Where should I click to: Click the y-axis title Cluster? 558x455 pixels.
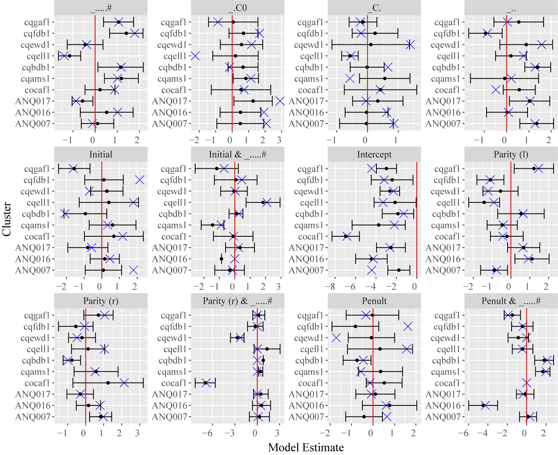point(6,219)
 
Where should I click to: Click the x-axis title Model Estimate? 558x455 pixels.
point(306,447)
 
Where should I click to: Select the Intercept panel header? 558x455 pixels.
point(374,154)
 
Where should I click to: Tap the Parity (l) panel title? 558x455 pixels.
point(511,154)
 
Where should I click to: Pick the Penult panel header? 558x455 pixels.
point(374,301)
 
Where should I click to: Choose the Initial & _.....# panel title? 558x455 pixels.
point(237,154)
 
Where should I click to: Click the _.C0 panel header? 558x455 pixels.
point(237,8)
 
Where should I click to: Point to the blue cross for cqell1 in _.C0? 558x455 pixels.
point(195,56)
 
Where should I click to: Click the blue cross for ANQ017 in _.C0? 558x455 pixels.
point(280,101)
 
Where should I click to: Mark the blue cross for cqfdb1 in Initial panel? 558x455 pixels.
point(140,180)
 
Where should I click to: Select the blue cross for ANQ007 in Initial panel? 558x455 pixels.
point(133,271)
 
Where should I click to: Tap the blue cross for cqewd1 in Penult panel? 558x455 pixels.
point(336,338)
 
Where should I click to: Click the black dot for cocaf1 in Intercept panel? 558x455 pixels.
point(346,237)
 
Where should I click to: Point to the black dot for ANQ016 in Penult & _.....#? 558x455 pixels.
point(483,405)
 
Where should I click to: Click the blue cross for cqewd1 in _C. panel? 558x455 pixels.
point(410,45)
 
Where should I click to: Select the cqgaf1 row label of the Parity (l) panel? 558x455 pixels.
point(447,169)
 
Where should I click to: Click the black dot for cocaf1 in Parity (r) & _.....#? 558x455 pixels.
point(205,383)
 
